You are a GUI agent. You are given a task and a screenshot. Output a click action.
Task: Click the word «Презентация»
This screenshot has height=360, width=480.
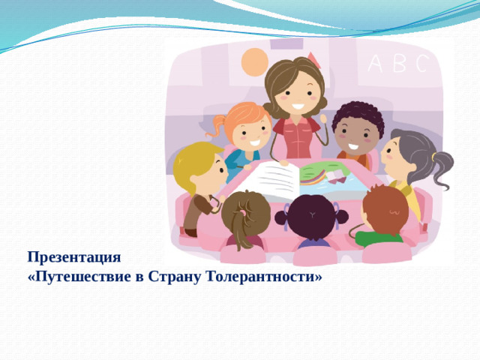(73, 257)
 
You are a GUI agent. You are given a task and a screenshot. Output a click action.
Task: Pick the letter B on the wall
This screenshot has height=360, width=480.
(400, 65)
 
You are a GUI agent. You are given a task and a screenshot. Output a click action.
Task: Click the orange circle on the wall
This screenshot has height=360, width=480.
(255, 61)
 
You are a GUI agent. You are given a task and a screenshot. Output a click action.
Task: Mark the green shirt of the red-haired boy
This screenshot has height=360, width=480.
(378, 239)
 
